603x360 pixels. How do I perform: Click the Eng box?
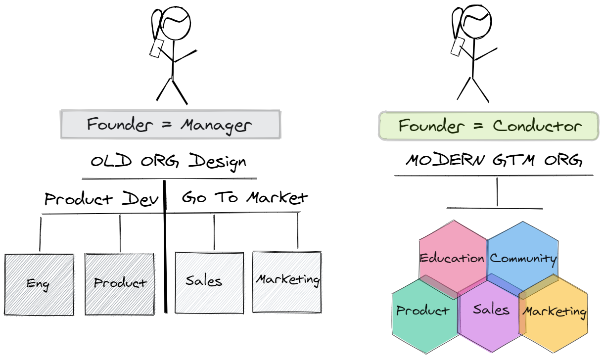pos(39,284)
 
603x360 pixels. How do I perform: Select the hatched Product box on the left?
pos(120,284)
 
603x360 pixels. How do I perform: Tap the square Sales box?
pos(209,282)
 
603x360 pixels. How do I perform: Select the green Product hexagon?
pos(423,312)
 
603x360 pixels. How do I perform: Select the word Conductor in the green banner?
pos(537,126)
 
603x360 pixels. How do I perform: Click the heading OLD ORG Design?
pos(168,162)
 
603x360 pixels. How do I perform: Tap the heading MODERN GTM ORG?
pos(493,160)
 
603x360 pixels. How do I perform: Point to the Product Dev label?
pos(101,199)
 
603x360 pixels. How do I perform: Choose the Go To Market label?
pos(245,197)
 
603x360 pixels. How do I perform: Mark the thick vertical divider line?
pos(165,247)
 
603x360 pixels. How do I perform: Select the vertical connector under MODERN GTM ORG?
pos(497,191)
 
